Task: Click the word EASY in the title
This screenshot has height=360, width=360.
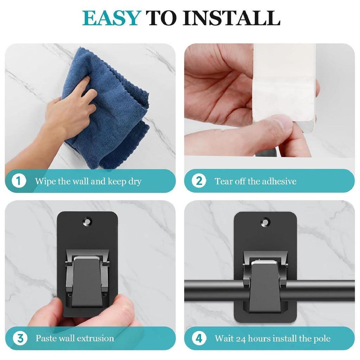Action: click(111, 18)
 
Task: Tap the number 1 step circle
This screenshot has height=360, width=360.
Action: click(19, 181)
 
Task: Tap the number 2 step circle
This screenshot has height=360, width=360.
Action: click(199, 181)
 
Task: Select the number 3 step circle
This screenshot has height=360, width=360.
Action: click(20, 338)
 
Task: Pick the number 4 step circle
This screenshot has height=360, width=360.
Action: click(199, 338)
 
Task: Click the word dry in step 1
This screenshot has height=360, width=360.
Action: click(135, 182)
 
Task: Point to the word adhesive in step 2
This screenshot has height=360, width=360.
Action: click(279, 181)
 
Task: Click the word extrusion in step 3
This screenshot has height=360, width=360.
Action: click(95, 339)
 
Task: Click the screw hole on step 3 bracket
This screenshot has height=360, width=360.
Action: click(87, 221)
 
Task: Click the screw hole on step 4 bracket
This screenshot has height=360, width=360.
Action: click(265, 222)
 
